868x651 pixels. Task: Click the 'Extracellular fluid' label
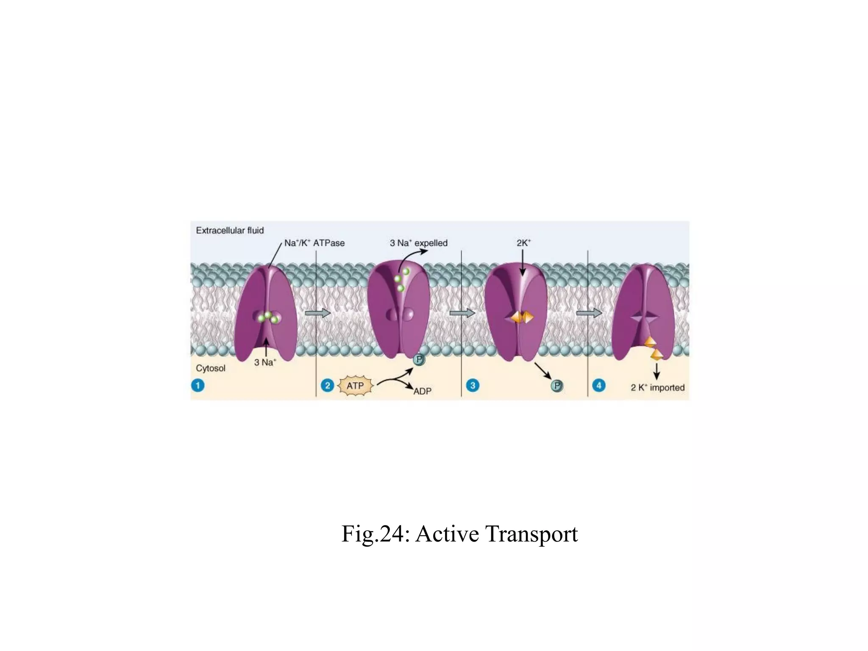(x=230, y=231)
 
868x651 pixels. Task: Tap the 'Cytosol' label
(x=211, y=368)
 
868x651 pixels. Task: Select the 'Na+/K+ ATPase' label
(x=314, y=243)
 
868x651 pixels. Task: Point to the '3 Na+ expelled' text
(x=418, y=243)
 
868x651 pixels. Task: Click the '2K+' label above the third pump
(x=523, y=243)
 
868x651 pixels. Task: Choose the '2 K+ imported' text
(x=657, y=387)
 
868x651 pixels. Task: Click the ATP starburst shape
(x=355, y=386)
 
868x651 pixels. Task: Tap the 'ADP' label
(x=422, y=391)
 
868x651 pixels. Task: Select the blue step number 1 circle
(x=198, y=386)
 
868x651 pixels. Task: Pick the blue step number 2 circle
(x=327, y=386)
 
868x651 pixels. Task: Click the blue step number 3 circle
(x=473, y=386)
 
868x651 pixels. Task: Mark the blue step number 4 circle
(x=599, y=386)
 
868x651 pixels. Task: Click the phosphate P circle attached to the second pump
(x=419, y=360)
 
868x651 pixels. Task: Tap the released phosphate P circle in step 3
(x=557, y=386)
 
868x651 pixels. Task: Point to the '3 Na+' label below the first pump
(x=265, y=362)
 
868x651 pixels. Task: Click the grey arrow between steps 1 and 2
(x=317, y=313)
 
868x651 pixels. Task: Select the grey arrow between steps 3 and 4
(x=589, y=313)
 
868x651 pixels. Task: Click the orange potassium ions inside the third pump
(x=522, y=317)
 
